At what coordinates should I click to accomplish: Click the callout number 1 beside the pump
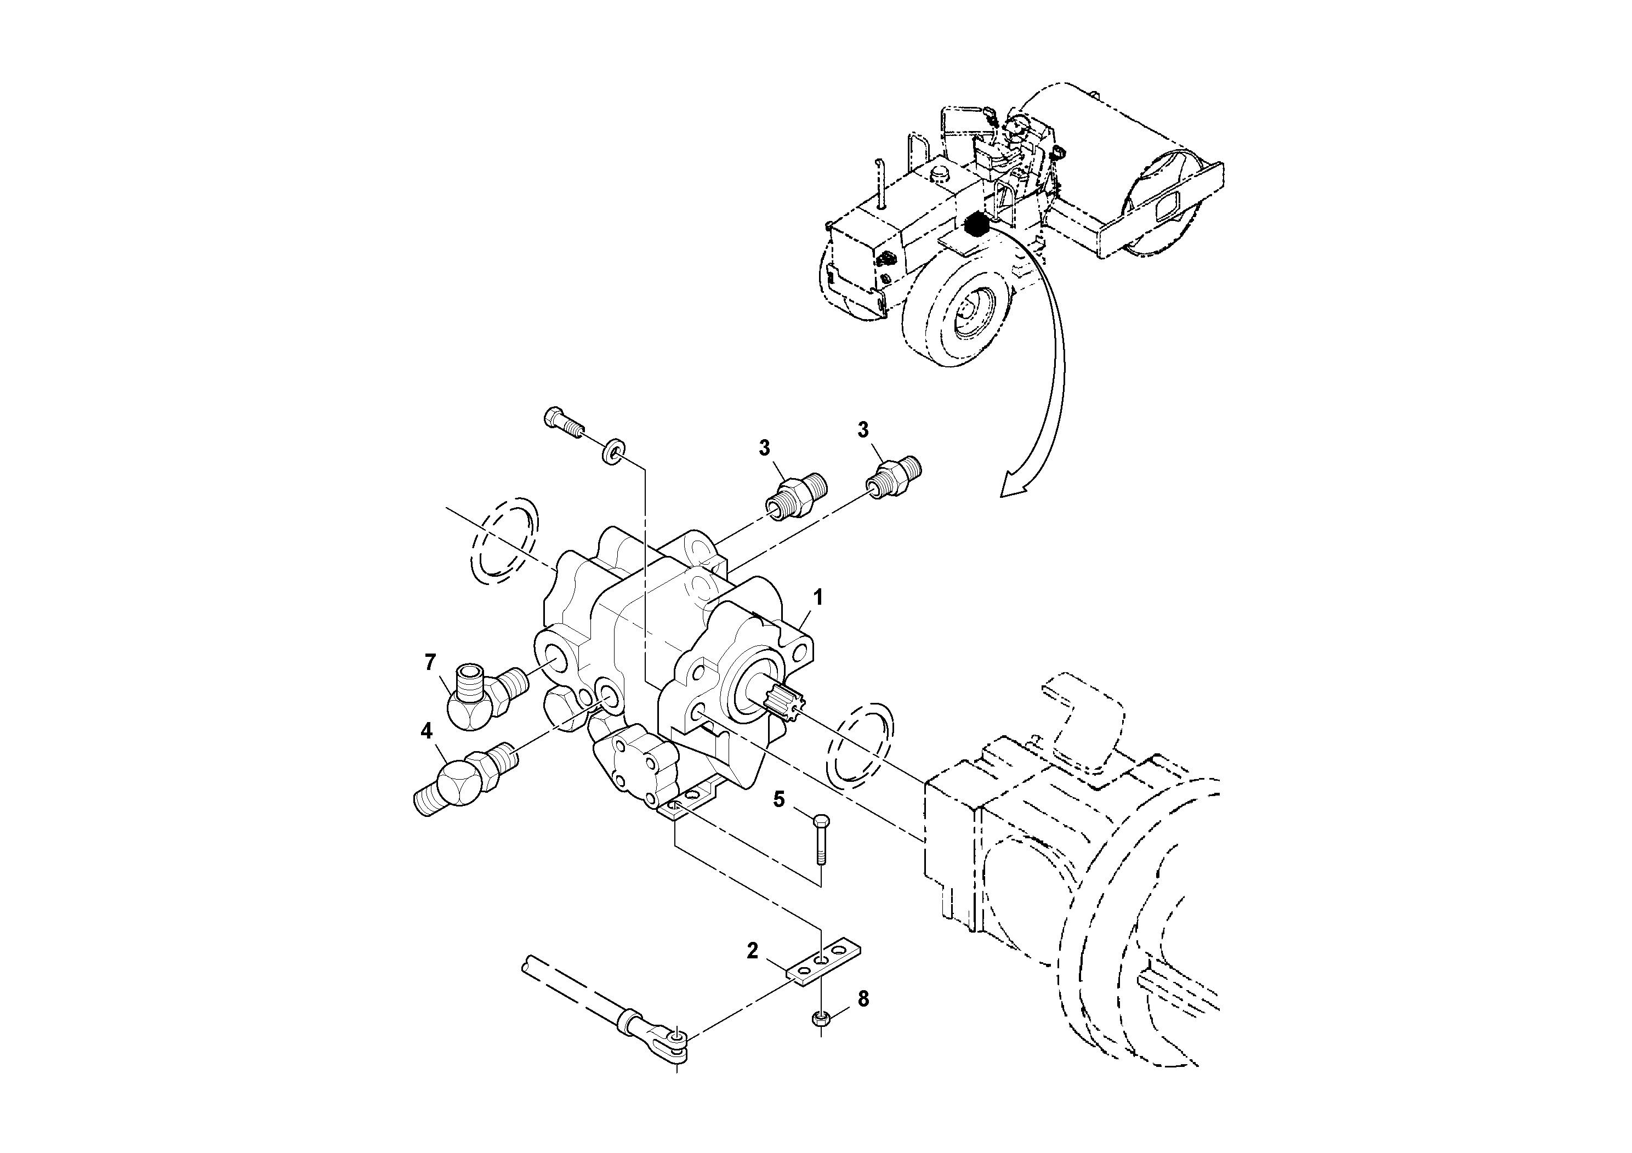click(818, 597)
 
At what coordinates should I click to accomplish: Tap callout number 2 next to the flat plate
click(753, 950)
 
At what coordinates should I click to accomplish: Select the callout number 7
click(429, 662)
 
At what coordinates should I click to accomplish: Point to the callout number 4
click(427, 731)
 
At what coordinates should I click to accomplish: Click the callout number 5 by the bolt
click(780, 799)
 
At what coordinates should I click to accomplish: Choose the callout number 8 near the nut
click(863, 999)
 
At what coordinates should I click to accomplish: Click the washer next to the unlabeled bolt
click(612, 453)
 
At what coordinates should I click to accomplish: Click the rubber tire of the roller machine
click(956, 306)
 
